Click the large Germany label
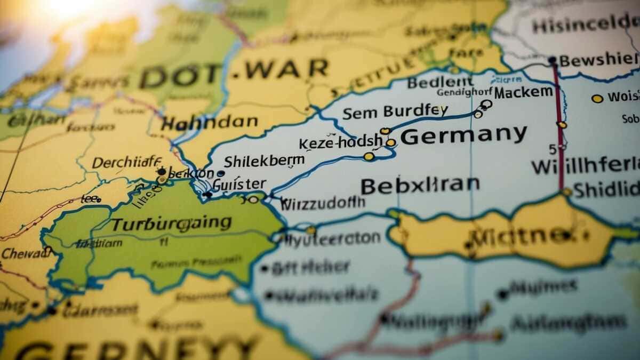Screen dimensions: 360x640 point(463,135)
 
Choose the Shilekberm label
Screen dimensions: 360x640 point(263,161)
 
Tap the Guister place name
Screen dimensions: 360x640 point(239,184)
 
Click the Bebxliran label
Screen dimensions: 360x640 point(420,185)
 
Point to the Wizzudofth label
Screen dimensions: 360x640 point(322,203)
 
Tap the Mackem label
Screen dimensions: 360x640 point(523,92)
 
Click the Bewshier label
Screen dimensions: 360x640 point(597,60)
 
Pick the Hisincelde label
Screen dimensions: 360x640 point(585,25)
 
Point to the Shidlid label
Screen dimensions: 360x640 point(606,189)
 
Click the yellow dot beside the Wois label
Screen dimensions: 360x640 point(597,98)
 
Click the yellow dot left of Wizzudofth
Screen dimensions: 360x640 point(254,199)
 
